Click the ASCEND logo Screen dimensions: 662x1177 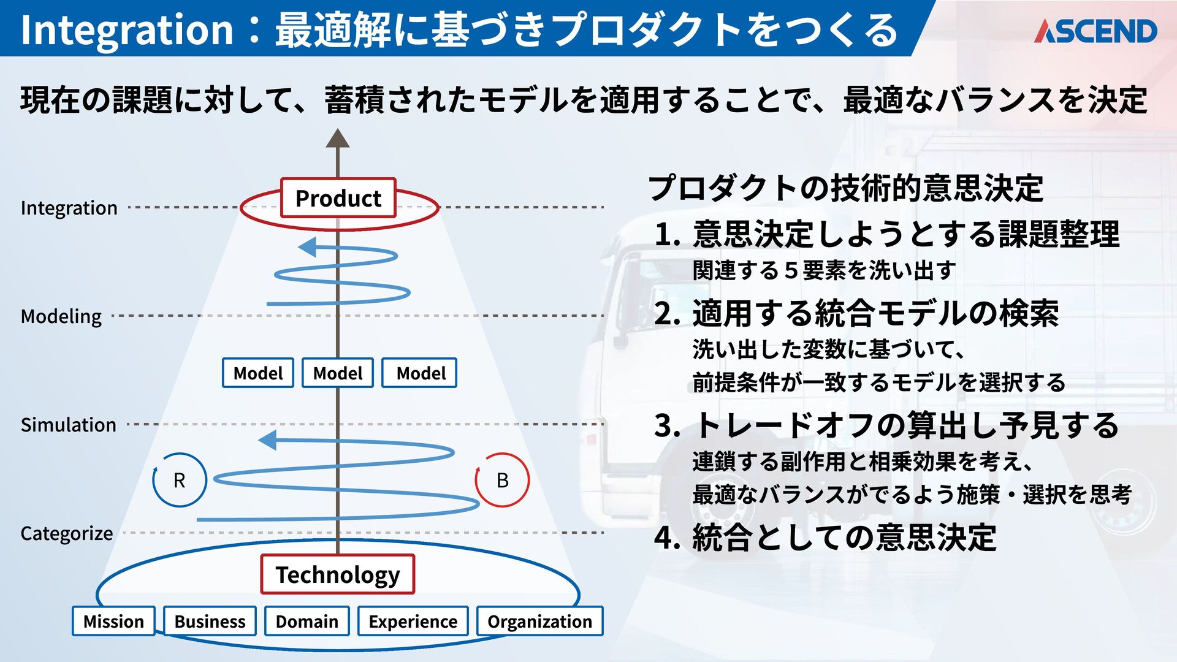coord(1095,31)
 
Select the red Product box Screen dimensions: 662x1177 coord(338,198)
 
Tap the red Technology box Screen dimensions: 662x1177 coord(337,574)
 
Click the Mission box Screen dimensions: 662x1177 coord(113,621)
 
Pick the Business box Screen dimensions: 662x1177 coord(210,621)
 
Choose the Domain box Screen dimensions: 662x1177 coord(307,621)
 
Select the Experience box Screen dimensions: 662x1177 coord(413,621)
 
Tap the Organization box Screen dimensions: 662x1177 coord(539,621)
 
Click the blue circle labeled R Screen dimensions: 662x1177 coord(179,480)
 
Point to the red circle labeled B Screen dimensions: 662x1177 coord(502,480)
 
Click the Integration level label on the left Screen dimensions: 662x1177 coord(69,208)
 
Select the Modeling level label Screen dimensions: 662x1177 coord(61,316)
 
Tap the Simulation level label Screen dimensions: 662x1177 coord(68,425)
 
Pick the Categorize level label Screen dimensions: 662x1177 coord(66,533)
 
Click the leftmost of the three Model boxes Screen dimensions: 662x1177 coord(257,373)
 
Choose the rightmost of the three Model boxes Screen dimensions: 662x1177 coord(420,373)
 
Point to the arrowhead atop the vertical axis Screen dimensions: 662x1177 coord(337,139)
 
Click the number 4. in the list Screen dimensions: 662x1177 coord(667,538)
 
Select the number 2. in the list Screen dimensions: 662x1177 coord(667,314)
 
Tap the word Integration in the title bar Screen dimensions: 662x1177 coord(127,29)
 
